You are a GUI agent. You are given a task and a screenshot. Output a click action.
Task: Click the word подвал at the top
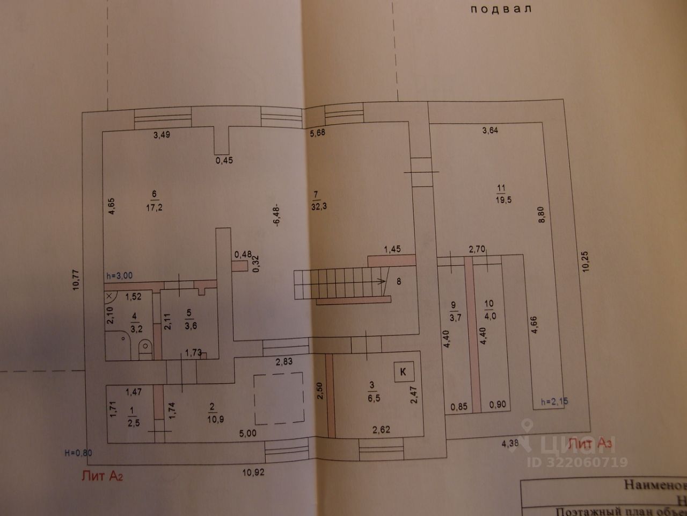[500, 9]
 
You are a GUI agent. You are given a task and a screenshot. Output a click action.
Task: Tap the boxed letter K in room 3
[404, 371]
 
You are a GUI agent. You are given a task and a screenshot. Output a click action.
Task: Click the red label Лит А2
[102, 475]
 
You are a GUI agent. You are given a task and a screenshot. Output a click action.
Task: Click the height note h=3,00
[119, 276]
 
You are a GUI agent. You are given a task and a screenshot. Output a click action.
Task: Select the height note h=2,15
[554, 400]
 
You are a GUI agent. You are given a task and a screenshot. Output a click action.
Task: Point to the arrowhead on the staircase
[382, 281]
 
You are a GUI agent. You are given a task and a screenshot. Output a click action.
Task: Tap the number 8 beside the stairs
[398, 280]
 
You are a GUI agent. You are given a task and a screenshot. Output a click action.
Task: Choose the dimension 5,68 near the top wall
[319, 133]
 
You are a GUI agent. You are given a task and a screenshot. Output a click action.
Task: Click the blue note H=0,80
[78, 453]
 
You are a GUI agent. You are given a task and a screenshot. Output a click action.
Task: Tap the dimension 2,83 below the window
[284, 361]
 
